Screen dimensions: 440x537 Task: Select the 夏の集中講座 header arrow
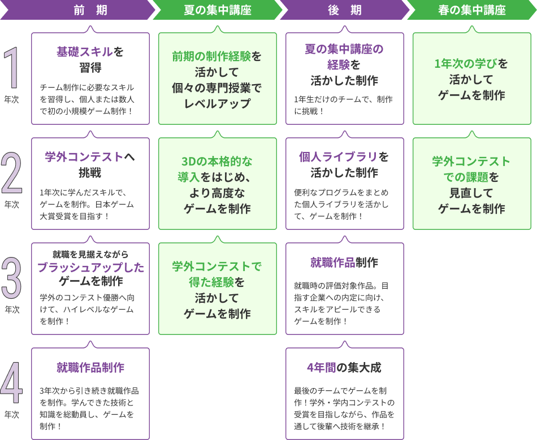tap(218, 10)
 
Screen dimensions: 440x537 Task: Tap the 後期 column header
tap(345, 10)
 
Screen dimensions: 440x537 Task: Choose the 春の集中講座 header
tap(472, 10)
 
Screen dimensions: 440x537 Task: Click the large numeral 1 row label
tap(12, 69)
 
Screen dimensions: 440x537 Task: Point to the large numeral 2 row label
tap(12, 174)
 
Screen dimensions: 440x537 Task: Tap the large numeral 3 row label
tap(12, 279)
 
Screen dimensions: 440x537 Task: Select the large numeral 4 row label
tap(12, 384)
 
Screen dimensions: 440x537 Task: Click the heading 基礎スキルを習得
tap(90, 59)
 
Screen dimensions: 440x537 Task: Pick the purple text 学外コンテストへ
tap(90, 156)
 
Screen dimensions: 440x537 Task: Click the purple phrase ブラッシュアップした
tap(90, 267)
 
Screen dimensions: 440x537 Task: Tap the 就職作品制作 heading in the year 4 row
tap(90, 368)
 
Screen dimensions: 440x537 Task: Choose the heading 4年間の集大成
tap(344, 368)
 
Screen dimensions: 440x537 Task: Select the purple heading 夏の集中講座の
tap(344, 49)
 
